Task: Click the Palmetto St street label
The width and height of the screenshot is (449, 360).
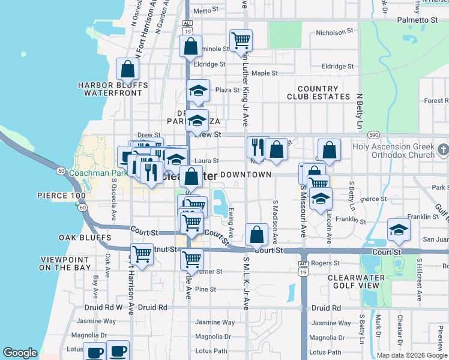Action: click(x=417, y=20)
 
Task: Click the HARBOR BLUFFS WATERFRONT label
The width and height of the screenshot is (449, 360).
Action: click(x=113, y=89)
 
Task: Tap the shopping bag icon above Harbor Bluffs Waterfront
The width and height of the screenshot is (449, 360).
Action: click(x=128, y=70)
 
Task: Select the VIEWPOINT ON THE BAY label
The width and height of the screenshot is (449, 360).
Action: click(x=65, y=263)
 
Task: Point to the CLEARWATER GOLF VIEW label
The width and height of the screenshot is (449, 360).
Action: click(x=358, y=282)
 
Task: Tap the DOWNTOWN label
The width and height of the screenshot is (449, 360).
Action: click(x=246, y=174)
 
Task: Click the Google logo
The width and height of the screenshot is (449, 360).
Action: click(x=20, y=353)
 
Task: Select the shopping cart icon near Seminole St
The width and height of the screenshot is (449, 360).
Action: click(x=241, y=41)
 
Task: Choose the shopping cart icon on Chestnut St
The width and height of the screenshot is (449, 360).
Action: click(x=142, y=254)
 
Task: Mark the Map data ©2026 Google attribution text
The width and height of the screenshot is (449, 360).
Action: click(x=411, y=355)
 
